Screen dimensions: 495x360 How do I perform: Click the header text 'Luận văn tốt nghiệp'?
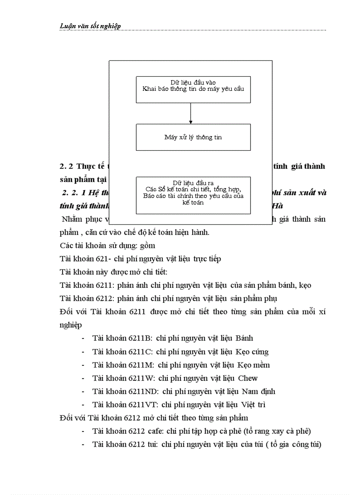pyautogui.click(x=90, y=26)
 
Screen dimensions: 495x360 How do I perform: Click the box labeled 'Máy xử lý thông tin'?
pyautogui.click(x=193, y=137)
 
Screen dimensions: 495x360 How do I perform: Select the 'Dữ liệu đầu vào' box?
pyautogui.click(x=193, y=89)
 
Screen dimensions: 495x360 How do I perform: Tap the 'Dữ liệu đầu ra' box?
pyautogui.click(x=193, y=195)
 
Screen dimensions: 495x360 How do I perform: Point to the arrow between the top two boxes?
pyautogui.click(x=191, y=113)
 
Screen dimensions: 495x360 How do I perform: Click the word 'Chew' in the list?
pyautogui.click(x=248, y=378)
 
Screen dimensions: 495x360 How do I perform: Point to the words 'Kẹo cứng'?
pyautogui.click(x=253, y=352)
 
